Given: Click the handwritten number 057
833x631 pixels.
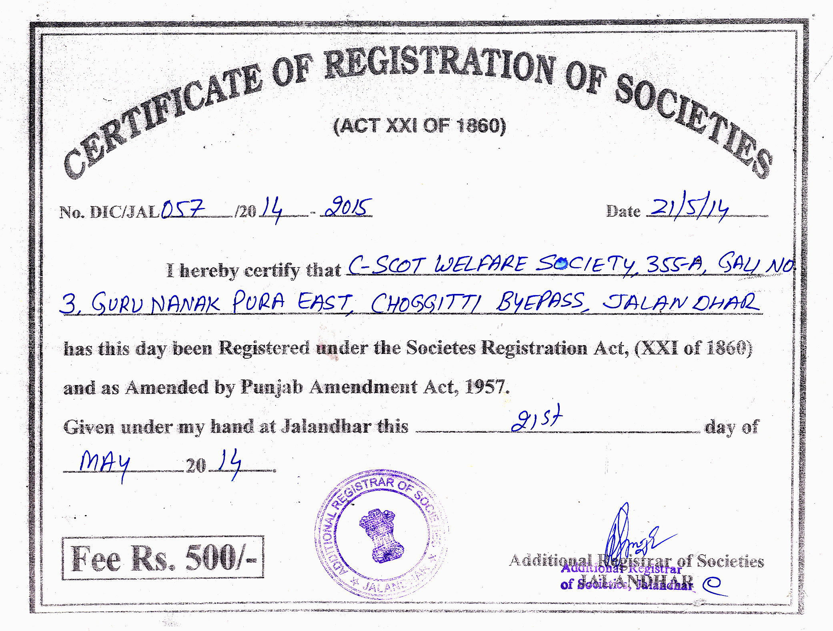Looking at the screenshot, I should [183, 208].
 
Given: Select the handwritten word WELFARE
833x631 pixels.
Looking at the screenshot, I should [481, 265].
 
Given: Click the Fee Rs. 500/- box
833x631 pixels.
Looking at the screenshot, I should [163, 558].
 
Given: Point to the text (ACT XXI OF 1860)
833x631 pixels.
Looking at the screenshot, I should [420, 126].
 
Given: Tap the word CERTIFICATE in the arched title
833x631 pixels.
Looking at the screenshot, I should [160, 120].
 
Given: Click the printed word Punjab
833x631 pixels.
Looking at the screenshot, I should [271, 387].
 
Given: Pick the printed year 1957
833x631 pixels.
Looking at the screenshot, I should [487, 387].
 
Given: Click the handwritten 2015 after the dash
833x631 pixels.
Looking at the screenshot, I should [348, 207].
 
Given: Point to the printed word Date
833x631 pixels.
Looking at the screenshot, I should [623, 211].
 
